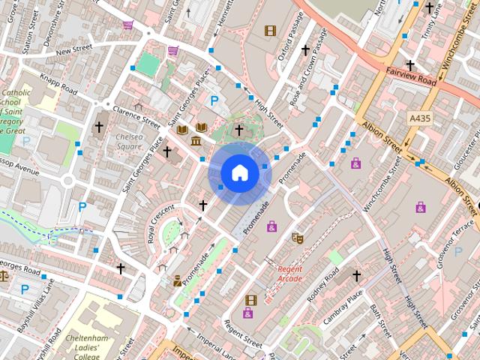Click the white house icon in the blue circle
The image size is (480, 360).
click(239, 172)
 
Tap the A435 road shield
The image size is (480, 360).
click(421, 118)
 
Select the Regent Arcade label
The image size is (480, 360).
click(289, 274)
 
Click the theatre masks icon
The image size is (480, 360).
click(297, 238)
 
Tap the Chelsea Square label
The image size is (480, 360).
click(130, 141)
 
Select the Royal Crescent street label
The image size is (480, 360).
click(161, 224)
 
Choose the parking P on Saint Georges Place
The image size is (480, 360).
click(214, 100)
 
